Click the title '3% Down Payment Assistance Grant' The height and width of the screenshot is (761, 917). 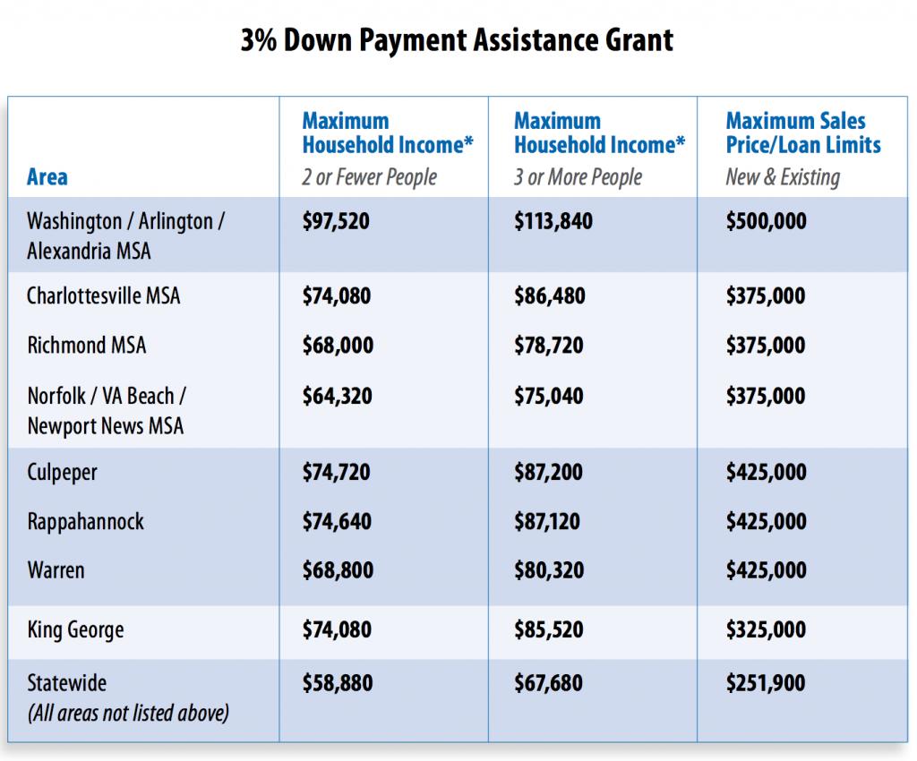point(457,39)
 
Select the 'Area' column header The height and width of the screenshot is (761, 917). point(47,176)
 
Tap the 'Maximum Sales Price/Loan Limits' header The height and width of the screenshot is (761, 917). point(803,133)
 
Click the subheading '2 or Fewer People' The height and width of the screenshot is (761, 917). point(370,177)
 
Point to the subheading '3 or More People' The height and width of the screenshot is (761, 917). point(578,177)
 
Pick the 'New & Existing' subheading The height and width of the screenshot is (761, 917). point(783,177)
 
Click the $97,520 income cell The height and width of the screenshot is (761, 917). point(336,221)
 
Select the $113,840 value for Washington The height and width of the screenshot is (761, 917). point(553,221)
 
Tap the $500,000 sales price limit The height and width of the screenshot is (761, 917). point(767,221)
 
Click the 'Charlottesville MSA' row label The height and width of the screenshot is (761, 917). point(104,295)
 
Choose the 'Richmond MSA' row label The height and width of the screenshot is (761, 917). point(87,345)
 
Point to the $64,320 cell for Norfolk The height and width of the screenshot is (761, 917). point(337,396)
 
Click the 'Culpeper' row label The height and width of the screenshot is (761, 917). point(62,472)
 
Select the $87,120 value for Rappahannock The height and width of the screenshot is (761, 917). point(547,521)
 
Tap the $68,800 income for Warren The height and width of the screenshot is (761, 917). point(338,570)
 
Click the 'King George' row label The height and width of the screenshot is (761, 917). point(75,629)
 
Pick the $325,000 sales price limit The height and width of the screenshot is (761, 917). point(766,629)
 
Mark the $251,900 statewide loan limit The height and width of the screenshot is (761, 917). point(766,683)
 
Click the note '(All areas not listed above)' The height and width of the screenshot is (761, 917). point(128,713)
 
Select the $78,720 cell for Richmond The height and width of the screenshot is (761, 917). point(549,345)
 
